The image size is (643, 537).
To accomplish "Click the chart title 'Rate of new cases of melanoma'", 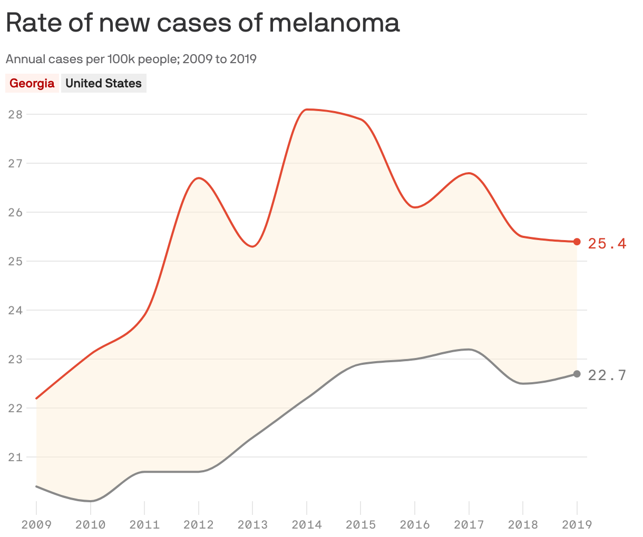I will click(x=202, y=23).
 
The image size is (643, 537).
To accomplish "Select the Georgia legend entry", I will click(x=32, y=83).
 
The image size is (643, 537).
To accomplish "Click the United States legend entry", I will click(x=103, y=83).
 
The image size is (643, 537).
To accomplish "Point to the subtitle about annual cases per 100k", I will click(x=131, y=59).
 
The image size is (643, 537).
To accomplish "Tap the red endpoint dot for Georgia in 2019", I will click(x=577, y=242).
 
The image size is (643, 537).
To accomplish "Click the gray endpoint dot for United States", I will click(x=577, y=374).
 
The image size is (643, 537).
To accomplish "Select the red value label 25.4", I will click(x=607, y=243).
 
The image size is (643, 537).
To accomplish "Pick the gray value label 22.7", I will click(x=607, y=375).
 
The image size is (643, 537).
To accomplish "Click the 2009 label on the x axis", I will click(x=36, y=524).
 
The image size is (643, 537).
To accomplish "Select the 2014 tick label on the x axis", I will click(x=306, y=524).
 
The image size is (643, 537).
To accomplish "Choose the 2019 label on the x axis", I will click(x=577, y=524).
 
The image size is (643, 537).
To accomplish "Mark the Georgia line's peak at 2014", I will click(x=307, y=110).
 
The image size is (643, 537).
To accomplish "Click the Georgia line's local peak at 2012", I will click(x=199, y=178).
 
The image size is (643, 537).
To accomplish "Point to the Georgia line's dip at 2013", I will click(x=253, y=246).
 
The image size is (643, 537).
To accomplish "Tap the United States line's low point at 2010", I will click(x=91, y=501).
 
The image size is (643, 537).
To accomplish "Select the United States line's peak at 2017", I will click(x=468, y=349).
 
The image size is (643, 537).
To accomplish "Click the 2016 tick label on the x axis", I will click(x=414, y=524).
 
